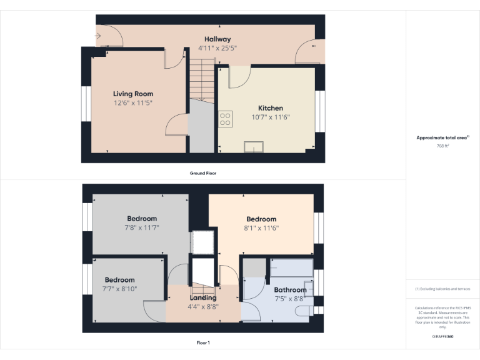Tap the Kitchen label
271,108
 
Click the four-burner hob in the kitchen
225,119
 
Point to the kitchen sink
254,147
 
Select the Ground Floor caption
203,173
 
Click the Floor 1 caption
203,342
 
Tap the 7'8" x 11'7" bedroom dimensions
142,227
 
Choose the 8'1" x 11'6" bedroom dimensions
261,228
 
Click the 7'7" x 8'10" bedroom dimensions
120,289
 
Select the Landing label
202,298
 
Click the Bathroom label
290,290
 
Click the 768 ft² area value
442,146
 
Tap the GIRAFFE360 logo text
442,336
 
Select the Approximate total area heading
442,137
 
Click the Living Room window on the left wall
85,103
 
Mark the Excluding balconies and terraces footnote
442,289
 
